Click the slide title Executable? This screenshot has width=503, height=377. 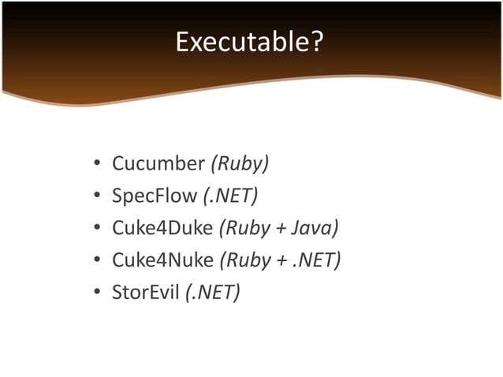[x=249, y=42]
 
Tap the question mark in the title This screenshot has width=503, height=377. [x=316, y=42]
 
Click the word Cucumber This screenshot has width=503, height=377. [x=158, y=164]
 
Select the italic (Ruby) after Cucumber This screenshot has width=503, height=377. [x=239, y=164]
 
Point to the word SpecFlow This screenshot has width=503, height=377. [x=155, y=196]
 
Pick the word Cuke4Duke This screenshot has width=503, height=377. [x=162, y=229]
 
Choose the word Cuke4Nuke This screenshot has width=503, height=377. [x=162, y=261]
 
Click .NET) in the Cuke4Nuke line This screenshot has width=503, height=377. [x=315, y=261]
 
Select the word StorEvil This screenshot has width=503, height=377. [x=145, y=293]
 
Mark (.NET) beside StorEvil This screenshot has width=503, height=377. [x=213, y=293]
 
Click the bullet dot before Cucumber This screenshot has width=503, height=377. [x=96, y=166]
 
